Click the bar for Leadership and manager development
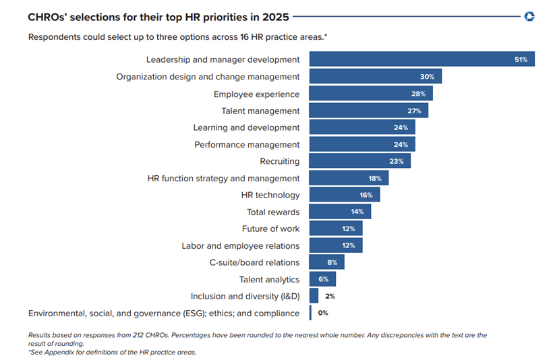[x=421, y=59]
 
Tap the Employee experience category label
[x=256, y=94]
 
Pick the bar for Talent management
[x=368, y=111]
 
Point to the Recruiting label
[x=279, y=161]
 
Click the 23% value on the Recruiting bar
[x=397, y=161]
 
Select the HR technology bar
[x=344, y=195]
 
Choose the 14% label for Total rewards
[x=357, y=212]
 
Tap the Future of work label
[x=270, y=229]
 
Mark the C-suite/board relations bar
[x=326, y=262]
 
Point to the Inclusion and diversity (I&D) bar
[x=314, y=296]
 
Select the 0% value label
[x=323, y=313]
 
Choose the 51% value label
[x=521, y=60]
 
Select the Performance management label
[x=247, y=144]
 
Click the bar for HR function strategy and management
[x=349, y=178]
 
